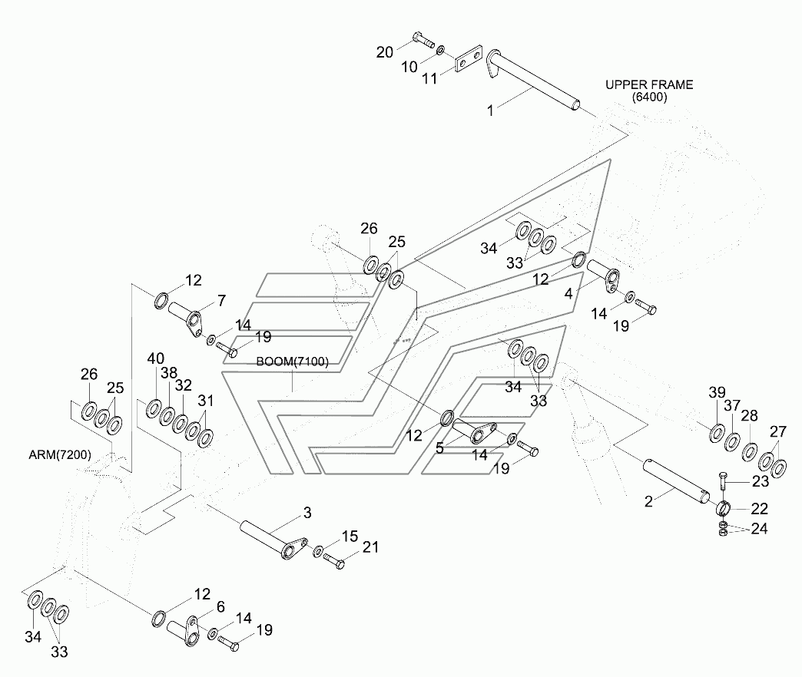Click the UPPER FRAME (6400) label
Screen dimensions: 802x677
pyautogui.click(x=649, y=91)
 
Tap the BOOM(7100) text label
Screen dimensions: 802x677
pyautogui.click(x=292, y=362)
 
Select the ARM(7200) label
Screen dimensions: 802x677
pyautogui.click(x=60, y=454)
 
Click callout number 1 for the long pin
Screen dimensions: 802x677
pyautogui.click(x=491, y=111)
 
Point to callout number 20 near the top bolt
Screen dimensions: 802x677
pyautogui.click(x=385, y=52)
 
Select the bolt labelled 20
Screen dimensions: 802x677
pyautogui.click(x=423, y=39)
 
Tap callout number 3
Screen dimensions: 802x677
pyautogui.click(x=307, y=513)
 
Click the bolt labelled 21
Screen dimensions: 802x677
pyautogui.click(x=334, y=561)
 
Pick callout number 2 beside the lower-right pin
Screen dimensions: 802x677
pyautogui.click(x=648, y=501)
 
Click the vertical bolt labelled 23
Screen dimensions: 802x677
pyautogui.click(x=722, y=482)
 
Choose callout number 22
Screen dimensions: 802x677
pyautogui.click(x=760, y=509)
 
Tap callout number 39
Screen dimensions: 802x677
pyautogui.click(x=717, y=392)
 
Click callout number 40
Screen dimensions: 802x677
pyautogui.click(x=155, y=358)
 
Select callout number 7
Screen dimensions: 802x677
pyautogui.click(x=221, y=300)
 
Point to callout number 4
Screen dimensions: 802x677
pyautogui.click(x=568, y=294)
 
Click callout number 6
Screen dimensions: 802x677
pyautogui.click(x=220, y=607)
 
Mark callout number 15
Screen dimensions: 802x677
pyautogui.click(x=350, y=537)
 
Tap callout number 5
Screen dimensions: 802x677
pyautogui.click(x=439, y=448)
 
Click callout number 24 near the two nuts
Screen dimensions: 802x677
pyautogui.click(x=760, y=529)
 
